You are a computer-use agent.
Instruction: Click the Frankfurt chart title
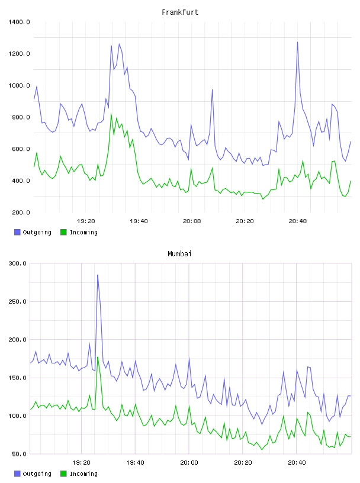(x=180, y=12)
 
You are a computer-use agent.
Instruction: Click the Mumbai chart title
(x=179, y=254)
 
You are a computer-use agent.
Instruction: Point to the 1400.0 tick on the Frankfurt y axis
(x=19, y=22)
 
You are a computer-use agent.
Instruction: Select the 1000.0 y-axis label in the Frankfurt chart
(x=19, y=85)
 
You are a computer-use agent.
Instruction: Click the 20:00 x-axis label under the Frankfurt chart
(x=192, y=221)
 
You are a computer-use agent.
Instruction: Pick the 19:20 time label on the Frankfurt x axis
(x=86, y=221)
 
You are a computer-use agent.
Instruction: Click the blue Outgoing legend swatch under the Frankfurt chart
(x=17, y=232)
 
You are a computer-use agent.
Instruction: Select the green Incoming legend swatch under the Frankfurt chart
(x=63, y=232)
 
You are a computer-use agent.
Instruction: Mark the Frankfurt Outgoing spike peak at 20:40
(x=297, y=42)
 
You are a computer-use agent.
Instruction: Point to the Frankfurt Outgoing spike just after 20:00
(x=212, y=90)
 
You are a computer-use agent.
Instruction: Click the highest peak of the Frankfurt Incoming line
(x=111, y=115)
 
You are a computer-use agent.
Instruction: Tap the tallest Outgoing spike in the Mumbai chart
(x=98, y=275)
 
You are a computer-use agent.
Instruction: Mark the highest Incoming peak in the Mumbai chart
(x=98, y=358)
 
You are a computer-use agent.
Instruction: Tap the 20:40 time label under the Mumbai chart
(x=297, y=462)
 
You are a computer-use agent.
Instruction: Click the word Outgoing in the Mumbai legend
(x=37, y=474)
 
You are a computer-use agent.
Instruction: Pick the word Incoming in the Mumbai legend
(x=83, y=474)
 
